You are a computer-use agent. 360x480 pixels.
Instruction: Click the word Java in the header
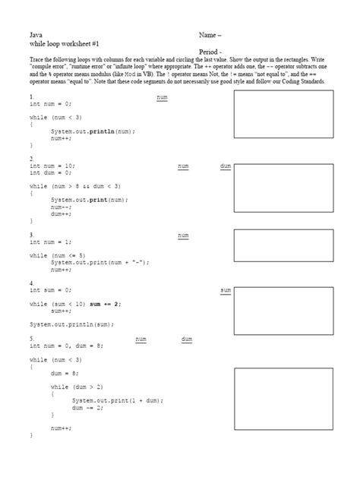point(36,35)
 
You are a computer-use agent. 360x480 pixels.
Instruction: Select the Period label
point(210,52)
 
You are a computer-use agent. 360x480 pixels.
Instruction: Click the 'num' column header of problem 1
point(162,98)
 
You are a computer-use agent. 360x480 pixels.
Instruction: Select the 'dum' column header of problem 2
point(226,166)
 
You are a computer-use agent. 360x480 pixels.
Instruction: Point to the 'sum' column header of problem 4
point(226,290)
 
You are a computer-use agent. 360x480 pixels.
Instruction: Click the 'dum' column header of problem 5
point(186,339)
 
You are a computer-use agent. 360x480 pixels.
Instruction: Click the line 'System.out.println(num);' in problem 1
point(93,131)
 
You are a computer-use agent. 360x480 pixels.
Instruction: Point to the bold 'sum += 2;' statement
point(106,304)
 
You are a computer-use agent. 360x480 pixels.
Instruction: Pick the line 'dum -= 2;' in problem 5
point(87,406)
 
